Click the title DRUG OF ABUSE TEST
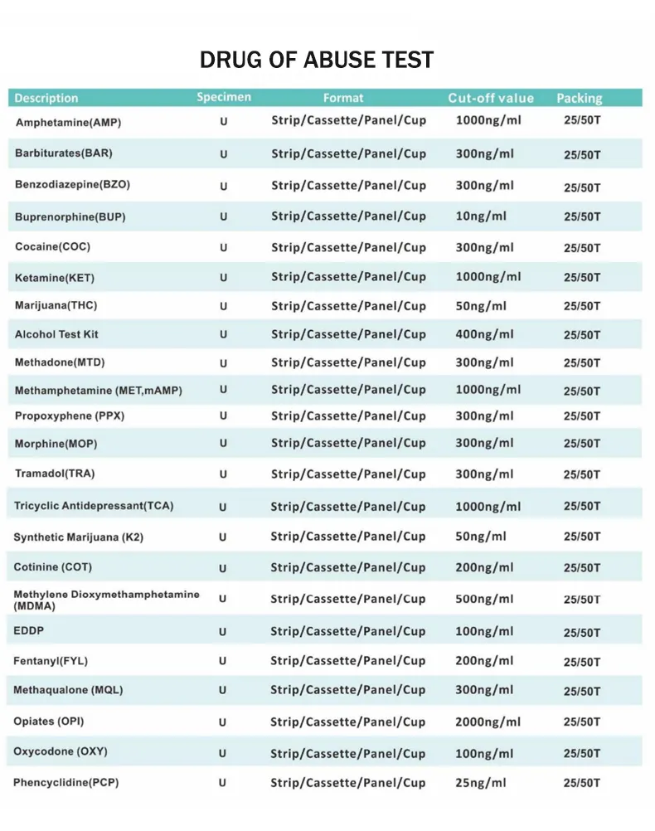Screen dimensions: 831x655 [x=317, y=61]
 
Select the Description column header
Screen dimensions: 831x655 [x=46, y=99]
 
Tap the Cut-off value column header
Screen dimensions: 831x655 [x=491, y=99]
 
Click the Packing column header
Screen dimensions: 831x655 [x=579, y=99]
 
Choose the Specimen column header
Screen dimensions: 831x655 [x=224, y=98]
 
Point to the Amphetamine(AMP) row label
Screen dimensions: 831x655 [x=68, y=123]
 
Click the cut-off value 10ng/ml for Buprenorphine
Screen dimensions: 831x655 [x=481, y=216]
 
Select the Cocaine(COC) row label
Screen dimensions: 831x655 [x=53, y=247]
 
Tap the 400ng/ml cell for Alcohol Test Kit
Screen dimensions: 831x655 [x=484, y=334]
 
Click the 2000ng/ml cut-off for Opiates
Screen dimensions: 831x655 [x=488, y=722]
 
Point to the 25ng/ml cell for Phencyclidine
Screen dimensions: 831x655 [x=481, y=783]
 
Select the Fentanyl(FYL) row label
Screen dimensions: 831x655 [x=51, y=661]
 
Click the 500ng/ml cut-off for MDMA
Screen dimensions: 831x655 [x=484, y=600]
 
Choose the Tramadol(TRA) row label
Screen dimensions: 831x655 [x=55, y=474]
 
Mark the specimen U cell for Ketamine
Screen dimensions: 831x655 [x=223, y=278]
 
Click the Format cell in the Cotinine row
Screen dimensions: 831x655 [x=348, y=568]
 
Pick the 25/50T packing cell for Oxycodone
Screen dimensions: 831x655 [x=582, y=754]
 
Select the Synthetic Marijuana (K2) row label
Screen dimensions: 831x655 [x=78, y=537]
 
